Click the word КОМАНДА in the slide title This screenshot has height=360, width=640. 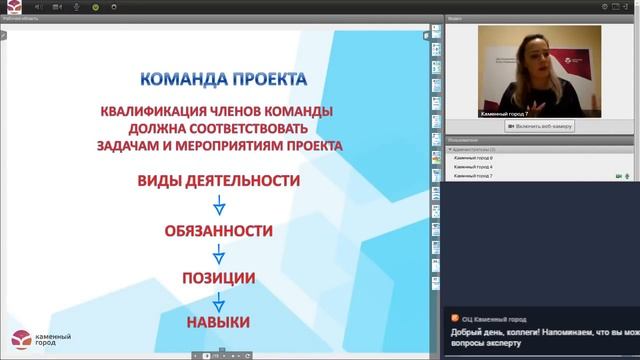click(176, 78)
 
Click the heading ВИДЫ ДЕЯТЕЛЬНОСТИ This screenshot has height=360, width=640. click(218, 181)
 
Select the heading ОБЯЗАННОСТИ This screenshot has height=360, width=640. click(218, 231)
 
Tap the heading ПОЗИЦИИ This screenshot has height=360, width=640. click(218, 277)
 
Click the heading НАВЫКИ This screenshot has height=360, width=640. click(218, 322)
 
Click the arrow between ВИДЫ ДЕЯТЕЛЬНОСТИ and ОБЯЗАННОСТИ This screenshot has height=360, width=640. click(218, 206)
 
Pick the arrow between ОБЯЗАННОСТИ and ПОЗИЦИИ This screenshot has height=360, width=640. click(218, 254)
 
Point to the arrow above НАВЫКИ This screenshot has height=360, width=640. click(218, 299)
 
